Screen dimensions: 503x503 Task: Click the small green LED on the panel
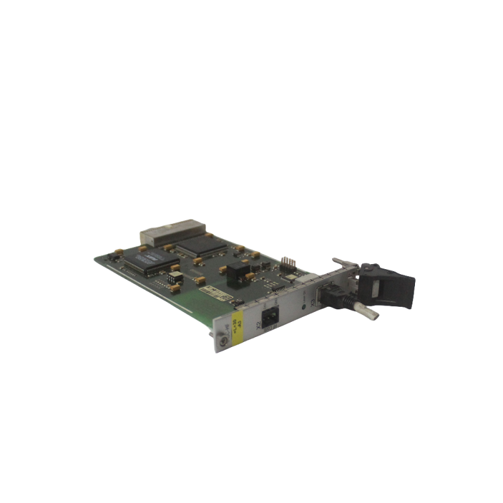(304, 306)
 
